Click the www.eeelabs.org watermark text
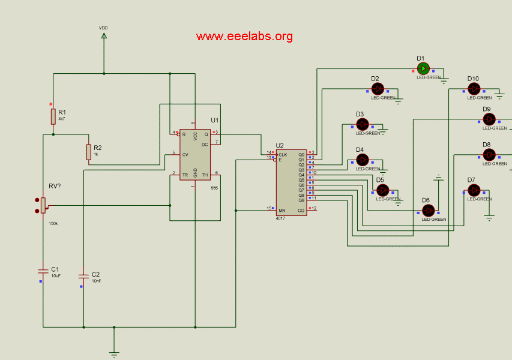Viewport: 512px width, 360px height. [244, 36]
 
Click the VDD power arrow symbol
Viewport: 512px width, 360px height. [104, 36]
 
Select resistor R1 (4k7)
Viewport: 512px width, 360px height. [53, 116]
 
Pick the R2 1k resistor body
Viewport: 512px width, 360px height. [89, 152]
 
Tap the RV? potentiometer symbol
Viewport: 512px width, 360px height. [43, 205]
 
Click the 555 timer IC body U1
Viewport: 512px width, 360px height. [195, 154]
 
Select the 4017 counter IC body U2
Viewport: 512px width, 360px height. [291, 182]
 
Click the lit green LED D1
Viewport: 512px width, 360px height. [423, 69]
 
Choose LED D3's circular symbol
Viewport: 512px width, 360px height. [362, 124]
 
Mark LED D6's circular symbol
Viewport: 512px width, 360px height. [428, 211]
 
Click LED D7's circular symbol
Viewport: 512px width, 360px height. [474, 190]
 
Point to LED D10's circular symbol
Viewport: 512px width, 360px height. [474, 89]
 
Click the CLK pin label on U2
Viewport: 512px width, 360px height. [283, 154]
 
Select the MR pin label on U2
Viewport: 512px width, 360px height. [282, 211]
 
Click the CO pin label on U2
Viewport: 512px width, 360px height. [301, 211]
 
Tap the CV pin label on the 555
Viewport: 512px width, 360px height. [185, 154]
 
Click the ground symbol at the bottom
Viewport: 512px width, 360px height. [114, 353]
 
